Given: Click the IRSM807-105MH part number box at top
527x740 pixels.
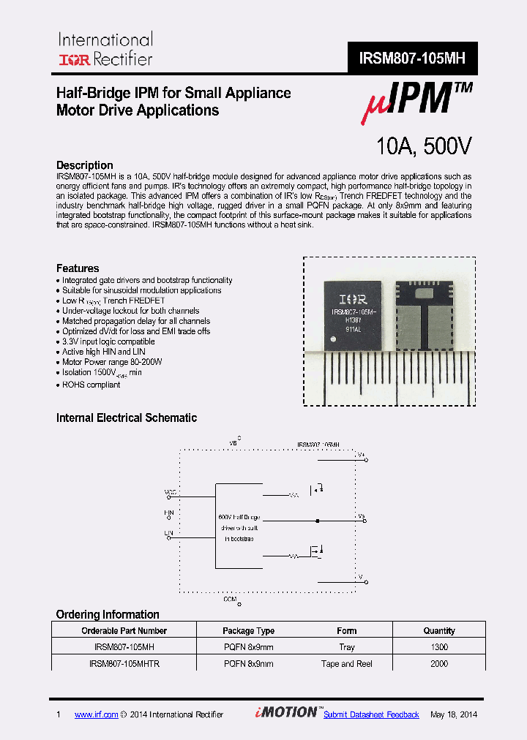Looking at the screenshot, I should [x=412, y=58].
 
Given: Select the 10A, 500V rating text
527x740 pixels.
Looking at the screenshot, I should [x=423, y=146].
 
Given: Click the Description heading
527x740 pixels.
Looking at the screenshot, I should [x=85, y=165].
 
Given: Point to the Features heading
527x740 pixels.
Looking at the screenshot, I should [x=78, y=268].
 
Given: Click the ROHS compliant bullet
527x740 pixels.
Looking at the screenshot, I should [x=91, y=385].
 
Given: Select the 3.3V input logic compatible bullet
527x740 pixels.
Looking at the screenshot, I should [x=108, y=341].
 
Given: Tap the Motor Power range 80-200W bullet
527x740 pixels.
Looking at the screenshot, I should [x=112, y=362].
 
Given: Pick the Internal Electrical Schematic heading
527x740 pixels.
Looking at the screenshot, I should [x=127, y=418].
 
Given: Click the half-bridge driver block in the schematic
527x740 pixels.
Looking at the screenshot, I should [x=239, y=526].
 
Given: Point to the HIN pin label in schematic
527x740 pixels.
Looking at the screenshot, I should [x=169, y=513].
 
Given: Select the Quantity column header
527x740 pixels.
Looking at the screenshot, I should [x=439, y=630].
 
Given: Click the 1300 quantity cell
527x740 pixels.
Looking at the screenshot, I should [x=439, y=647].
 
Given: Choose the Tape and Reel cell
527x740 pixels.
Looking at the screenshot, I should [x=347, y=664].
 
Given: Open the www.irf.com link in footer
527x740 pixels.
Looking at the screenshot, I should [x=96, y=714].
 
